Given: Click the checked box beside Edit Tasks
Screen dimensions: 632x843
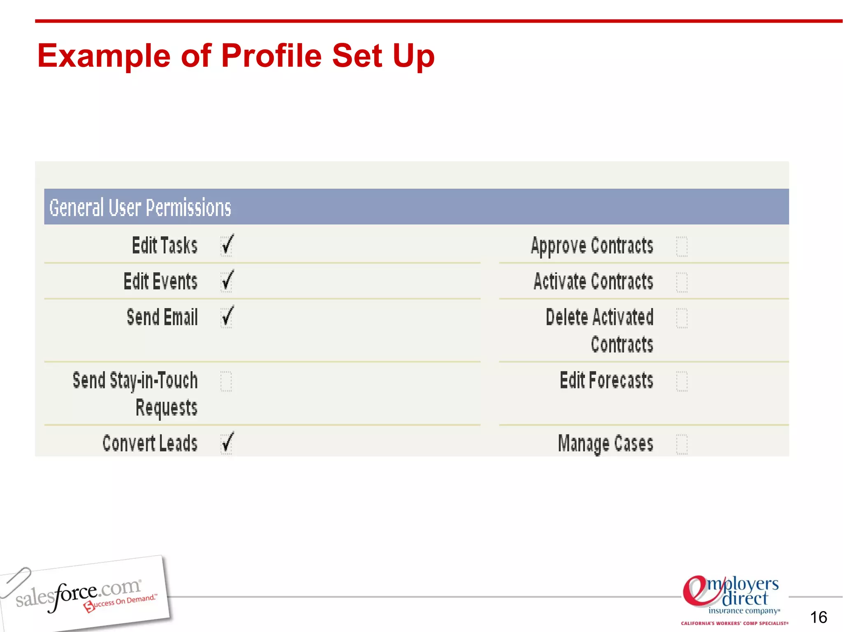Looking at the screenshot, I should click(226, 246).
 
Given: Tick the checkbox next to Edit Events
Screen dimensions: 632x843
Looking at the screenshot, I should click(226, 282).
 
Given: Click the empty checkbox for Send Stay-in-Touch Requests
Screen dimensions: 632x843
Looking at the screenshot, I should click(226, 381).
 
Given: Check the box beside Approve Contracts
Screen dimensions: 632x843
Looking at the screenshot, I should click(682, 246).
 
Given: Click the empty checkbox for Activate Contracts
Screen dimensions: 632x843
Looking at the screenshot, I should click(682, 282).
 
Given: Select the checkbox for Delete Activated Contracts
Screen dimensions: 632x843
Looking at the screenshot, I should click(682, 318).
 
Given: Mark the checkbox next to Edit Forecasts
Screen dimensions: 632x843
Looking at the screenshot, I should click(682, 381).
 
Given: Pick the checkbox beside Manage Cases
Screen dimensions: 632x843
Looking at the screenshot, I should click(682, 444).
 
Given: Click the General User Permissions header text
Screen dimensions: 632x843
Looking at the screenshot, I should click(140, 207).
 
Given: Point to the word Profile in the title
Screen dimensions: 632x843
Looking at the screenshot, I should click(272, 56).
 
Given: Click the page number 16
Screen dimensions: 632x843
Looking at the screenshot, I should click(818, 617).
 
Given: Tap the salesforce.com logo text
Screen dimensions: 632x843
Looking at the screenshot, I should click(78, 595).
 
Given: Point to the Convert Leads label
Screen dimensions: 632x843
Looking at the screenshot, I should click(150, 444).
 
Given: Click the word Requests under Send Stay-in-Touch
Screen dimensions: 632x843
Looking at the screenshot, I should click(166, 408).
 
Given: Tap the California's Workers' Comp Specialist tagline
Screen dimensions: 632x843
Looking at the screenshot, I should click(734, 623).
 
